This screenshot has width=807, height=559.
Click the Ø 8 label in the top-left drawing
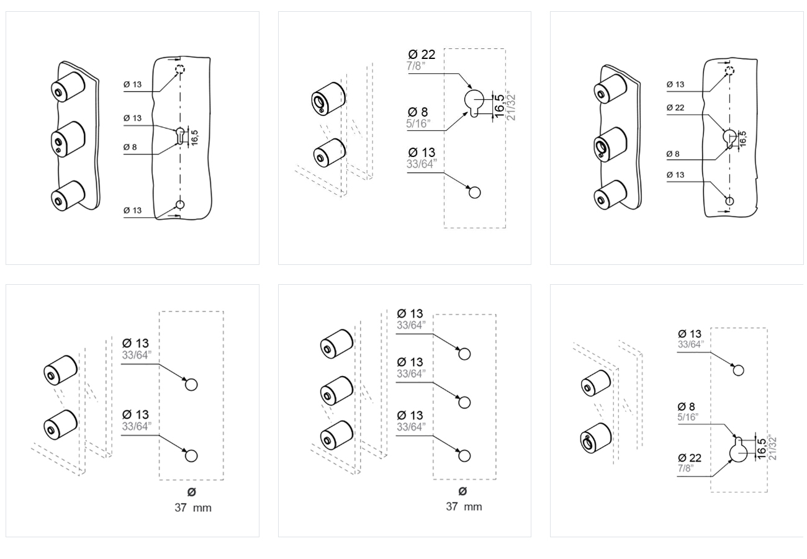[x=130, y=147]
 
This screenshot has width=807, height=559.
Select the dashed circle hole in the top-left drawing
[x=180, y=69]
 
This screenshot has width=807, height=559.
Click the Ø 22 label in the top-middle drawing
[x=422, y=55]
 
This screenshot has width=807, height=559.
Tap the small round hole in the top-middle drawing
[x=475, y=192]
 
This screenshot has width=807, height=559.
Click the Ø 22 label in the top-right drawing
[x=675, y=107]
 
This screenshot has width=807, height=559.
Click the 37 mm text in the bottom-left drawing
[x=192, y=508]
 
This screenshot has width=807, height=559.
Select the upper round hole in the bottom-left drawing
[x=191, y=384]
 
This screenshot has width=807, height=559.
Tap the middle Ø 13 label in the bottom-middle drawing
[x=410, y=362]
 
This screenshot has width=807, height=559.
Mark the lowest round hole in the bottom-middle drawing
[x=464, y=456]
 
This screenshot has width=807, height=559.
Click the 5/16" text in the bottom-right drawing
[x=688, y=417]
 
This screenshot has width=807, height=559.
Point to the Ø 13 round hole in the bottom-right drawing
[x=738, y=370]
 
